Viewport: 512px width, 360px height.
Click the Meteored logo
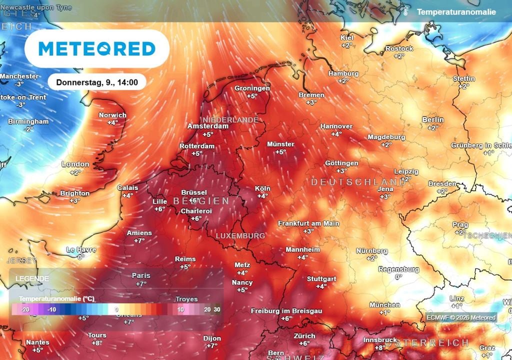tap(97, 48)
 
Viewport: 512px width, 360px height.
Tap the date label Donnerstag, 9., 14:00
tap(97, 82)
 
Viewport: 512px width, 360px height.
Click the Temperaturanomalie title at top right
tap(456, 11)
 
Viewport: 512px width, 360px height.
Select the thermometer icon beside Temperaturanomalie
tap(406, 11)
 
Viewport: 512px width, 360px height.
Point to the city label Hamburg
tap(343, 73)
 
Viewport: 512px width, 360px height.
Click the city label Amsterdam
tap(208, 126)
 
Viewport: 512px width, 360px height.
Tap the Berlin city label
tap(432, 120)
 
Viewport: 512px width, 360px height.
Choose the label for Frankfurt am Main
tap(308, 223)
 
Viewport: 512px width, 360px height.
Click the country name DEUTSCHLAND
tap(358, 182)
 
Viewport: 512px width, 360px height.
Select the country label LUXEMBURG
tap(240, 235)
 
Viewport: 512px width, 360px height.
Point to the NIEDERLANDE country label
tap(229, 120)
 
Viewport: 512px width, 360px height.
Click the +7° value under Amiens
tap(139, 241)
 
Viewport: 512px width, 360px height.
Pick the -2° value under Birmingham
tap(28, 129)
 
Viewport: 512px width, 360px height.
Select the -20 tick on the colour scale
tap(26, 310)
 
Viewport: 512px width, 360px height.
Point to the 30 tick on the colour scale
tap(216, 310)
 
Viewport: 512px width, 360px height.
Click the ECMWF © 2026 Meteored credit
tap(461, 317)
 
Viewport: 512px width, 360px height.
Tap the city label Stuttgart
tap(321, 278)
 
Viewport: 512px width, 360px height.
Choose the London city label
tap(75, 164)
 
